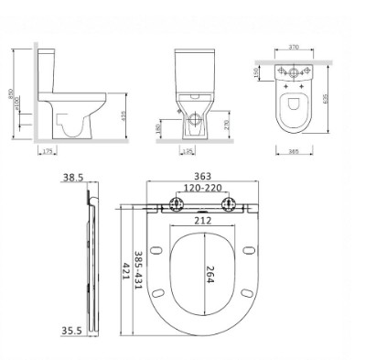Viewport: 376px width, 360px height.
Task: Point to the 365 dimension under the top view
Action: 295,150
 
